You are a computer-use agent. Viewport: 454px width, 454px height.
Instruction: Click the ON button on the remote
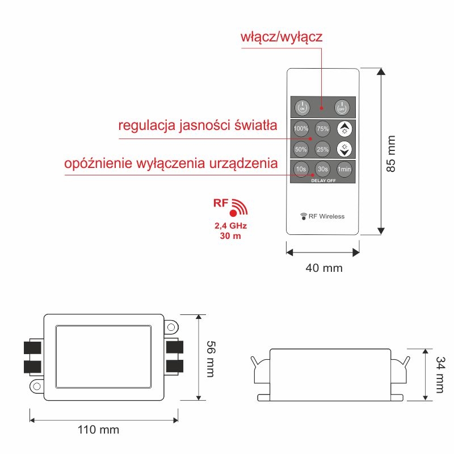(x=302, y=108)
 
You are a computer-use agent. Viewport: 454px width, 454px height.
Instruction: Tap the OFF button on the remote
(x=342, y=108)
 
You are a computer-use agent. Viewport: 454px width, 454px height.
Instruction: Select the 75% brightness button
(x=322, y=129)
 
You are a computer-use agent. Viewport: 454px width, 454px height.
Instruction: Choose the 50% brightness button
(x=301, y=149)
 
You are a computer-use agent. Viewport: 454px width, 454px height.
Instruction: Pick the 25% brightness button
(x=322, y=149)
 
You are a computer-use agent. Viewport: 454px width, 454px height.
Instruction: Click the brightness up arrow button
(x=344, y=129)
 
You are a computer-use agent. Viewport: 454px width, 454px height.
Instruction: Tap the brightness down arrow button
(x=344, y=149)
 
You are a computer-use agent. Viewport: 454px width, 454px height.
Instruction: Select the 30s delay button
(x=322, y=169)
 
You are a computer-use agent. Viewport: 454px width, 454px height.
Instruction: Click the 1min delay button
(x=344, y=169)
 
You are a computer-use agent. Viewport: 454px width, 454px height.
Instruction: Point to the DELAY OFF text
(x=323, y=180)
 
